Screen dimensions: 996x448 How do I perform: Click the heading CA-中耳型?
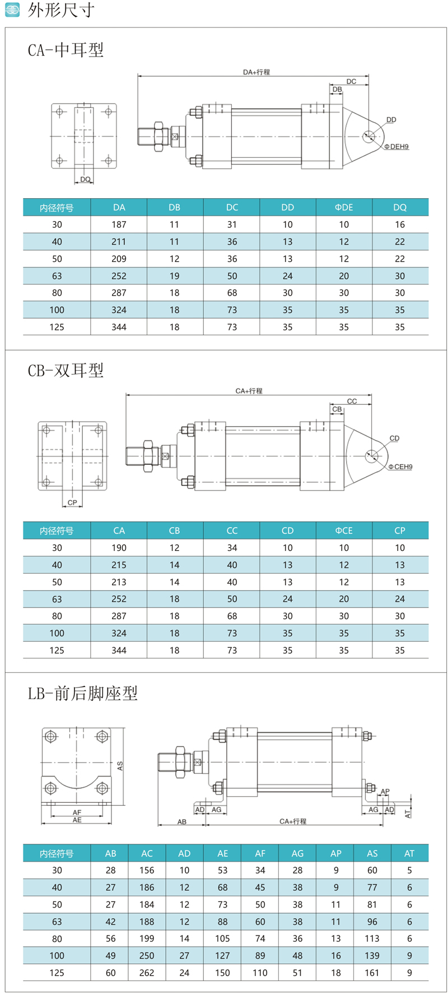click(x=66, y=50)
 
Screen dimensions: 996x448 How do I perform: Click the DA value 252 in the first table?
click(x=119, y=276)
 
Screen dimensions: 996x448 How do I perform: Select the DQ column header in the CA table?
click(x=400, y=207)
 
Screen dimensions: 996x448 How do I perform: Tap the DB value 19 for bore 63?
click(x=175, y=276)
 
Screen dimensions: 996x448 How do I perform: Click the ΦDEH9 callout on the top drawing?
click(x=396, y=147)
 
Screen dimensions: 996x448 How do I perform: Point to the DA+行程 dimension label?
click(x=256, y=72)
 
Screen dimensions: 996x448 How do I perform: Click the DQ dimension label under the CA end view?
click(x=85, y=179)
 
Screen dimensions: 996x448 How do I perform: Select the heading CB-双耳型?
click(x=66, y=370)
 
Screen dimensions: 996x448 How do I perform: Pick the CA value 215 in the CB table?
click(x=119, y=565)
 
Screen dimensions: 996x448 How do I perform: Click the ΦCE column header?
click(x=344, y=530)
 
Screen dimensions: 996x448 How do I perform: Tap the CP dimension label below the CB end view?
click(x=72, y=503)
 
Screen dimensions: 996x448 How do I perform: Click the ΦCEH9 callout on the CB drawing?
click(x=400, y=466)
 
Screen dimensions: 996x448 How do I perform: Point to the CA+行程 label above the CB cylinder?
click(x=249, y=391)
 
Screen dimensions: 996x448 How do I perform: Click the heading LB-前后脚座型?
click(x=82, y=693)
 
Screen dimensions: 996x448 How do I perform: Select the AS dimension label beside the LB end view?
click(x=120, y=766)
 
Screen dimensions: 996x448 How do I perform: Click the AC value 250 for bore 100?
click(x=147, y=955)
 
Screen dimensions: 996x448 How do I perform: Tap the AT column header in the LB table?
click(x=409, y=853)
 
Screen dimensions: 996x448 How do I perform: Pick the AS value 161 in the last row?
click(x=372, y=972)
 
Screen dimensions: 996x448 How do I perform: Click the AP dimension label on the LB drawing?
click(x=385, y=791)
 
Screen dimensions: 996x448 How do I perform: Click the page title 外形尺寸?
click(x=61, y=10)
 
